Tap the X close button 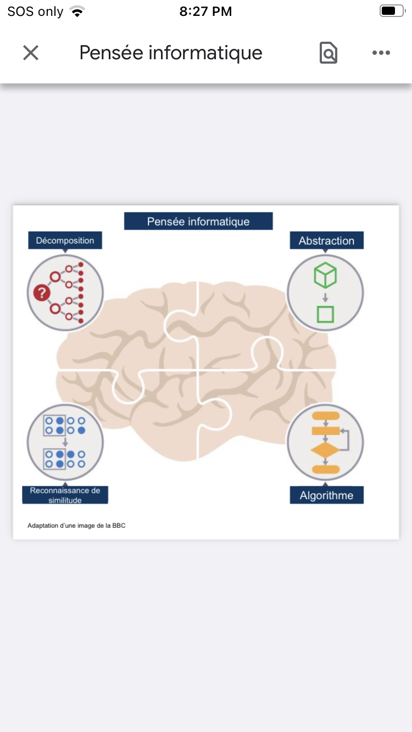tap(31, 53)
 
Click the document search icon tap(329, 53)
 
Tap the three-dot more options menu tap(381, 53)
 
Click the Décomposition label tap(65, 240)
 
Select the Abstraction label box tap(326, 240)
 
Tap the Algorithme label tap(326, 495)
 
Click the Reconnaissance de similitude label tap(65, 495)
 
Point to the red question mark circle tap(41, 294)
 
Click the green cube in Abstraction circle tap(325, 275)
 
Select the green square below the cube tap(325, 314)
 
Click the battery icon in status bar tap(391, 12)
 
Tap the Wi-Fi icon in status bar tap(78, 12)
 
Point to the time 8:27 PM tap(205, 12)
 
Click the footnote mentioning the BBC tap(76, 526)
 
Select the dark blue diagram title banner tap(198, 221)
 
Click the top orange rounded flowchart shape tap(325, 415)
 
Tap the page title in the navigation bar tap(171, 53)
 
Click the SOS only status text tap(35, 12)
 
